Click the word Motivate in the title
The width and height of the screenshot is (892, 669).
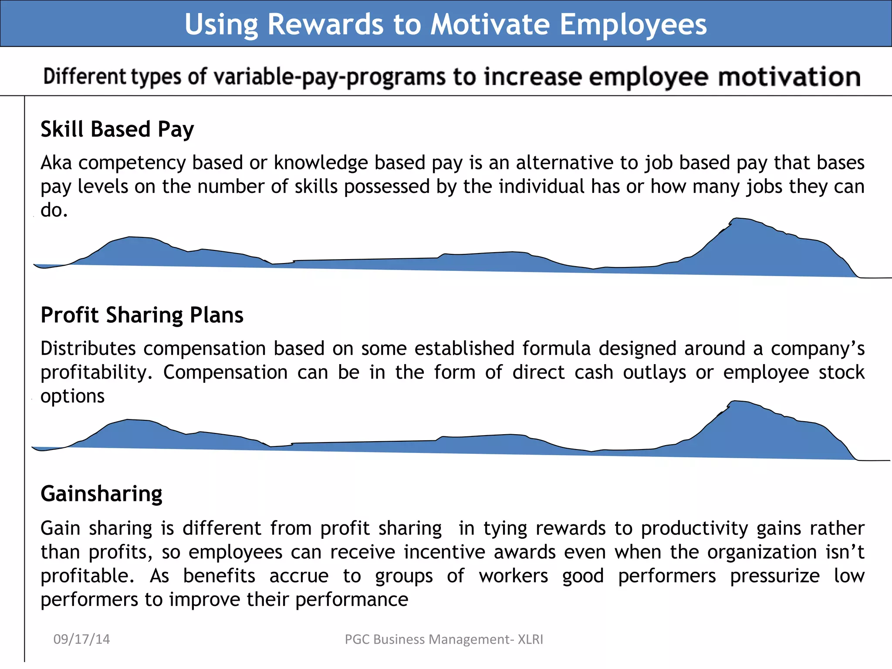tap(490, 24)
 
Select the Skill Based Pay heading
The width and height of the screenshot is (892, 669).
tap(117, 129)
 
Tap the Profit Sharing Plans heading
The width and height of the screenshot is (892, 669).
tap(142, 315)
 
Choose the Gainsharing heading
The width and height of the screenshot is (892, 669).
tap(101, 494)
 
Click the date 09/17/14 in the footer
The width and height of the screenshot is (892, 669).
tap(81, 639)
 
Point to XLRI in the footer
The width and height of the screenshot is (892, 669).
tap(530, 639)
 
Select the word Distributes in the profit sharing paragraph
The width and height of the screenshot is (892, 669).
tap(88, 348)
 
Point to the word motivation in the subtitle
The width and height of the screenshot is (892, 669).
tap(789, 77)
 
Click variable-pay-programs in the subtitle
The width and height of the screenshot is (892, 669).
tap(329, 77)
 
